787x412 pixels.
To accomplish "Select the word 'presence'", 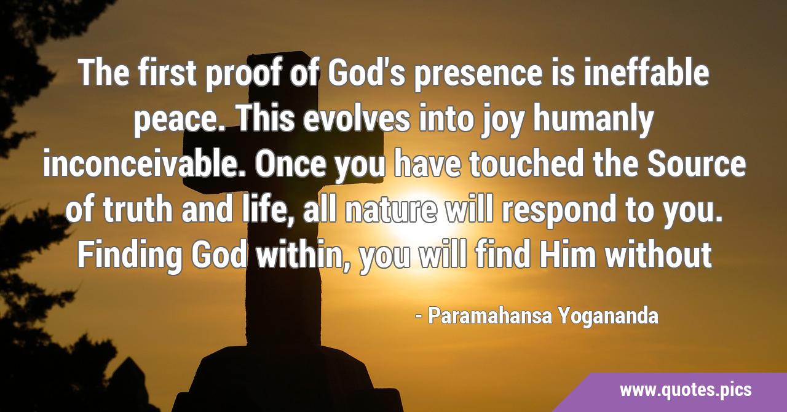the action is [478, 76].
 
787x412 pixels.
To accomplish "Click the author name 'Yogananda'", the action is [608, 317].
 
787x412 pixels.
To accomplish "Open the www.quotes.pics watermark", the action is [686, 390].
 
